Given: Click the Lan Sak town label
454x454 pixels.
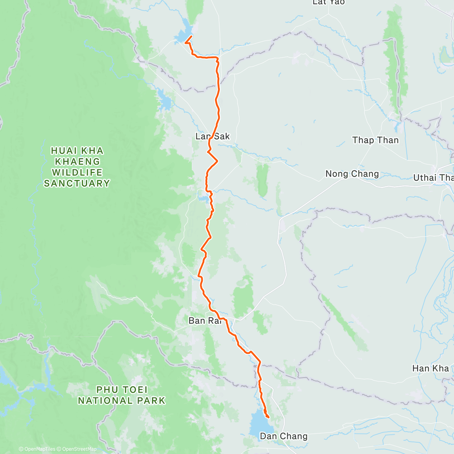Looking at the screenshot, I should point(213,136).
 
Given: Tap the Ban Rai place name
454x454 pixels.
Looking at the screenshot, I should point(205,321).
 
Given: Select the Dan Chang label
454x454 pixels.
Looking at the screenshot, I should point(284,436).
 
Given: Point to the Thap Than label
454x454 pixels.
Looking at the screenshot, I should point(375,140).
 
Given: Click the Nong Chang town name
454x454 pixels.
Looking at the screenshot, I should point(352,174).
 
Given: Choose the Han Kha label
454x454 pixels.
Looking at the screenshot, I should point(430,368).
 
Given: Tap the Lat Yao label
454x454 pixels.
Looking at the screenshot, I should point(328,3).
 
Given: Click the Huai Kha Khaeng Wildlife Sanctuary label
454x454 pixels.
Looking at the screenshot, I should point(77,167).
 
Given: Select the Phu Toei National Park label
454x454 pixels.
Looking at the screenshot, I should point(121,395).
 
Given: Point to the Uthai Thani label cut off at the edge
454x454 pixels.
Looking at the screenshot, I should point(434,177).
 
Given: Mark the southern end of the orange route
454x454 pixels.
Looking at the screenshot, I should point(268,417).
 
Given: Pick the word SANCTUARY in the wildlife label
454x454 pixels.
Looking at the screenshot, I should point(77,183).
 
